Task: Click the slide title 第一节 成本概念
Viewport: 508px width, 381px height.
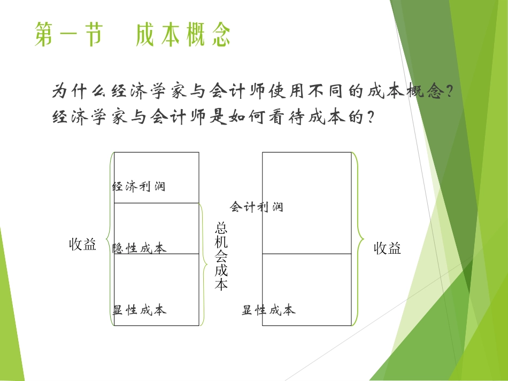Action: click(133, 35)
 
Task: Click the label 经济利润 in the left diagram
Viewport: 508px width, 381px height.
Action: click(139, 186)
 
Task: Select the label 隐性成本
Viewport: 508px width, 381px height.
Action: click(140, 248)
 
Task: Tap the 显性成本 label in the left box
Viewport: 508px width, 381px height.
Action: click(140, 310)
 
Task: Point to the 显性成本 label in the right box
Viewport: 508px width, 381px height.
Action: click(268, 310)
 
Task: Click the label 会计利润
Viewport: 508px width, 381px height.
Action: click(257, 207)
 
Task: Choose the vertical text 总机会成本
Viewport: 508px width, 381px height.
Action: click(221, 256)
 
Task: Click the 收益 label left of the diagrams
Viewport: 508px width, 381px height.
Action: click(83, 245)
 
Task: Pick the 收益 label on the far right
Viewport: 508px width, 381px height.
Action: click(387, 248)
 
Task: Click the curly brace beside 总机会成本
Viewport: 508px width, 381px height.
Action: click(204, 263)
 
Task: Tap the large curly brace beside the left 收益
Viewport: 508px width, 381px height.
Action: click(110, 239)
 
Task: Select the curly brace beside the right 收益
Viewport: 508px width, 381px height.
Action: click(358, 238)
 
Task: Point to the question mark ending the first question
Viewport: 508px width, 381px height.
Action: click(450, 92)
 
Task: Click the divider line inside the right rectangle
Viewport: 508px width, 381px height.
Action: click(307, 254)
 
